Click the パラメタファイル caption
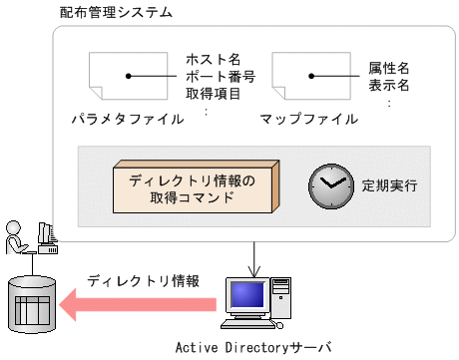click(127, 120)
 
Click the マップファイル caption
click(309, 120)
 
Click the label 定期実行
click(389, 185)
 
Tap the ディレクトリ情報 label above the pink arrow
click(143, 280)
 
